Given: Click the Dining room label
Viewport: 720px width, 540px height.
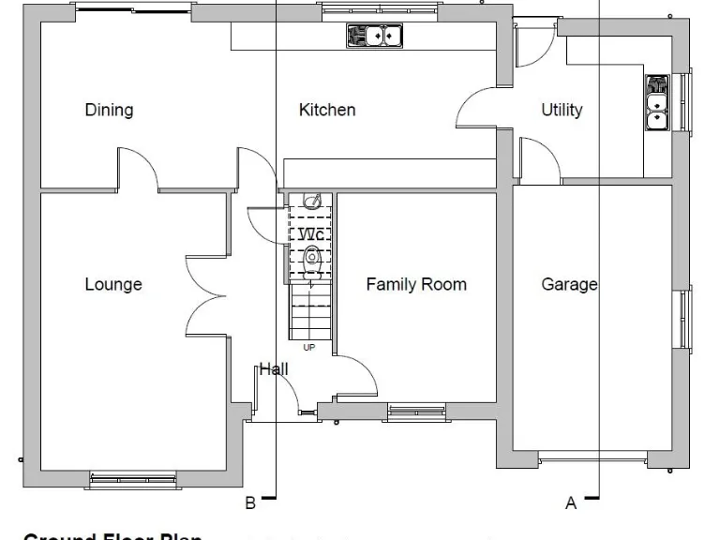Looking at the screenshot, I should pyautogui.click(x=109, y=110).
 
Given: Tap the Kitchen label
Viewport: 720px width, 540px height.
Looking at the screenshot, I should pyautogui.click(x=327, y=110).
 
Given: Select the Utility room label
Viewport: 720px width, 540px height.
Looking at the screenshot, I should pyautogui.click(x=562, y=110).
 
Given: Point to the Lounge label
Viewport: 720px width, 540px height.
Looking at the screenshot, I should pyautogui.click(x=113, y=284).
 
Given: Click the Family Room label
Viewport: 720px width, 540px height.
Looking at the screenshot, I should pyautogui.click(x=416, y=284).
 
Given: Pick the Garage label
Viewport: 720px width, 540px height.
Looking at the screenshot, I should pyautogui.click(x=569, y=284).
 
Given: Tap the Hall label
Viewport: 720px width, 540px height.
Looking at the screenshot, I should pyautogui.click(x=274, y=369).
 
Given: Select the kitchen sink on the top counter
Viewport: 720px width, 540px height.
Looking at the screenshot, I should pyautogui.click(x=375, y=36).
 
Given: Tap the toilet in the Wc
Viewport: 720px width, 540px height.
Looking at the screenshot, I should pyautogui.click(x=313, y=257).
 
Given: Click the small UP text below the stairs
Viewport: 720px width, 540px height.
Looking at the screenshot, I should pyautogui.click(x=308, y=347).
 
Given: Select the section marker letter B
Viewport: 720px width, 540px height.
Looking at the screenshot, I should pyautogui.click(x=250, y=503).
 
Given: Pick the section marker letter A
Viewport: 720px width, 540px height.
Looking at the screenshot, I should pyautogui.click(x=571, y=503).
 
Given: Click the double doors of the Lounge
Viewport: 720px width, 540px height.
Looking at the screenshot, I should pyautogui.click(x=206, y=295).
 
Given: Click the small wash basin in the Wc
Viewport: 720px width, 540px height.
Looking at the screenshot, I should pyautogui.click(x=314, y=201).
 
